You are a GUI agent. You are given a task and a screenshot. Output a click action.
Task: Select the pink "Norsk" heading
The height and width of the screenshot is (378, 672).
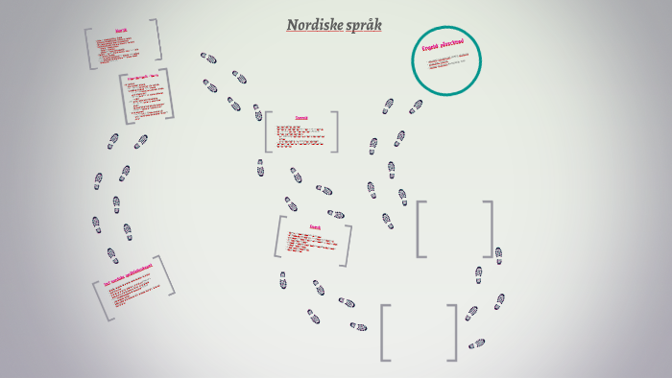click(x=120, y=32)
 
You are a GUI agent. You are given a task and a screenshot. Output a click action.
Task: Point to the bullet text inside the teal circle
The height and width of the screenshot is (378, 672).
click(x=447, y=65)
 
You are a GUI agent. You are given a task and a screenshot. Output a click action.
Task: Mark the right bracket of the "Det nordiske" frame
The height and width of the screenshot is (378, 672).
click(x=169, y=275)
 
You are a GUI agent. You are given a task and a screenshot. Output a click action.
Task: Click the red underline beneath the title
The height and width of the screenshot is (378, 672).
click(x=333, y=34)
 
